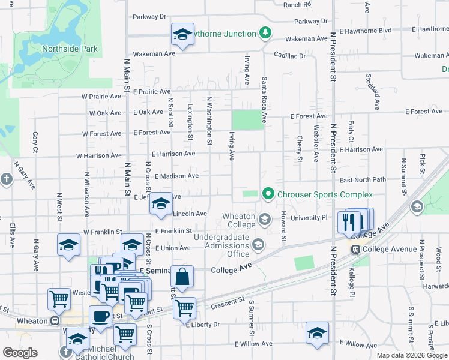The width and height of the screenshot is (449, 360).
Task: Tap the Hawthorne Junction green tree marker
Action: point(265,33)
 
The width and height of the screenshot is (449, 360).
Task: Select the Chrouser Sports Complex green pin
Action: point(268,194)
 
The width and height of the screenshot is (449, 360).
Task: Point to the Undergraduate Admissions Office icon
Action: point(258,244)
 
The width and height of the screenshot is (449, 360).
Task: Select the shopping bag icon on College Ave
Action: point(182,277)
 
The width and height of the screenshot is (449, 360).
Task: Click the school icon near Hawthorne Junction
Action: point(182,35)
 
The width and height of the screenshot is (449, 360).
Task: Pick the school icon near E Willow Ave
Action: point(317,334)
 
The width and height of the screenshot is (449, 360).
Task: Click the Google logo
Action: point(20,353)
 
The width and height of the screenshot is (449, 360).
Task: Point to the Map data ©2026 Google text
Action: point(411,355)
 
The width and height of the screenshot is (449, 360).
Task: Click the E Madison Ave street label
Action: point(176,176)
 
